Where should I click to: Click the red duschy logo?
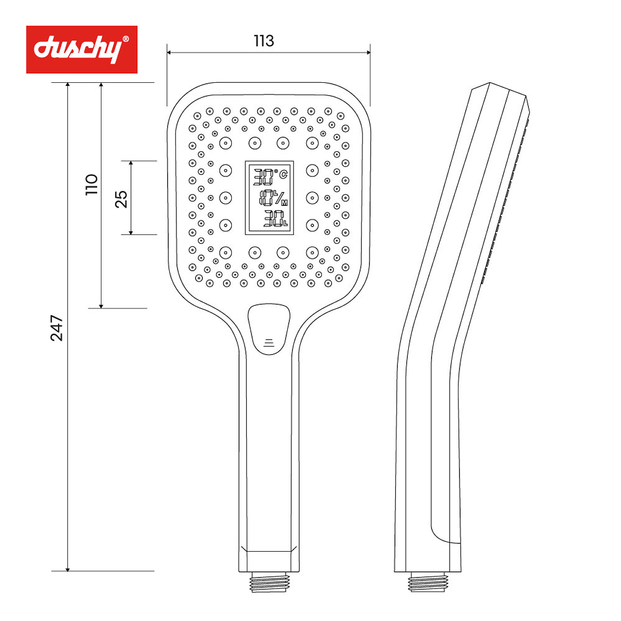82,50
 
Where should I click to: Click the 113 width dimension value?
264,41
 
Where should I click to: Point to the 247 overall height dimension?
56,328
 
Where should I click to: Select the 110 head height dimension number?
92,184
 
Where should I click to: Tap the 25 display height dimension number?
121,199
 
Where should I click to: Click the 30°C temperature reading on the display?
269,177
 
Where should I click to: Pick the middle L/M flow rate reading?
273,197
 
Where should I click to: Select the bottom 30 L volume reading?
275,219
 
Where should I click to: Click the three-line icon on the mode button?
269,342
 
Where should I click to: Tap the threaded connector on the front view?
269,582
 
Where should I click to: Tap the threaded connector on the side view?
427,582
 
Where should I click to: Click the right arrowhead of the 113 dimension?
368,52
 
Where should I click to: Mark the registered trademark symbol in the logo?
125,39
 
